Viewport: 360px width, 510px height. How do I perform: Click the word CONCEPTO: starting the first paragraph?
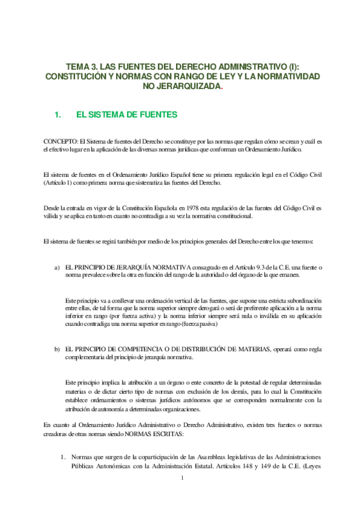pos(61,140)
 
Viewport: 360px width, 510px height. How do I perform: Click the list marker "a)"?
pos(57,266)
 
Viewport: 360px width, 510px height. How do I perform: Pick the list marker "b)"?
pos(57,349)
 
